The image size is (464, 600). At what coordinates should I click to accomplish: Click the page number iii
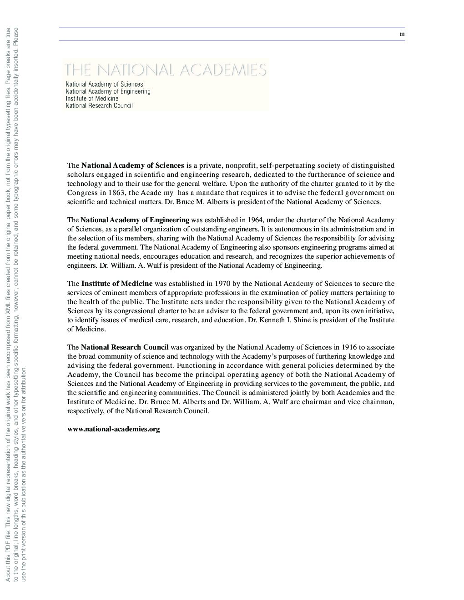pyautogui.click(x=402, y=34)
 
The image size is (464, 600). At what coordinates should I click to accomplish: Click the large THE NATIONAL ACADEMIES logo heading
pyautogui.click(x=166, y=70)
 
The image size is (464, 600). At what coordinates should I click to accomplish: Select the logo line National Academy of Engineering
pyautogui.click(x=108, y=91)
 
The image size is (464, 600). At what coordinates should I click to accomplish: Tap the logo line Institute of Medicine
pyautogui.click(x=92, y=99)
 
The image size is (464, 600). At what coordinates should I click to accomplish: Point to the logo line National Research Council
pyautogui.click(x=99, y=106)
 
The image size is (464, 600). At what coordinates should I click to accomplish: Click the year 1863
pyautogui.click(x=117, y=193)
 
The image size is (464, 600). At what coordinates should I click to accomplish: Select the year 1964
pyautogui.click(x=255, y=220)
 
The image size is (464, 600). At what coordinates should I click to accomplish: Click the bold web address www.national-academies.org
pyautogui.click(x=114, y=429)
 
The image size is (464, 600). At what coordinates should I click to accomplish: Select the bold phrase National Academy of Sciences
pyautogui.click(x=133, y=165)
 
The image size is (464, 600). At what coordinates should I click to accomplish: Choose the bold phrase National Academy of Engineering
pyautogui.click(x=135, y=220)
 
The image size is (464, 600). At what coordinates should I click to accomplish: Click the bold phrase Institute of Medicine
pyautogui.click(x=117, y=284)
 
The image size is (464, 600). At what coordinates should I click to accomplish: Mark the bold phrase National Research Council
pyautogui.click(x=125, y=347)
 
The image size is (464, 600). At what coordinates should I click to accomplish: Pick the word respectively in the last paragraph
pyautogui.click(x=86, y=411)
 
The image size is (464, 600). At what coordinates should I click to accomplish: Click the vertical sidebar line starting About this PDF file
pyautogui.click(x=8, y=305)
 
